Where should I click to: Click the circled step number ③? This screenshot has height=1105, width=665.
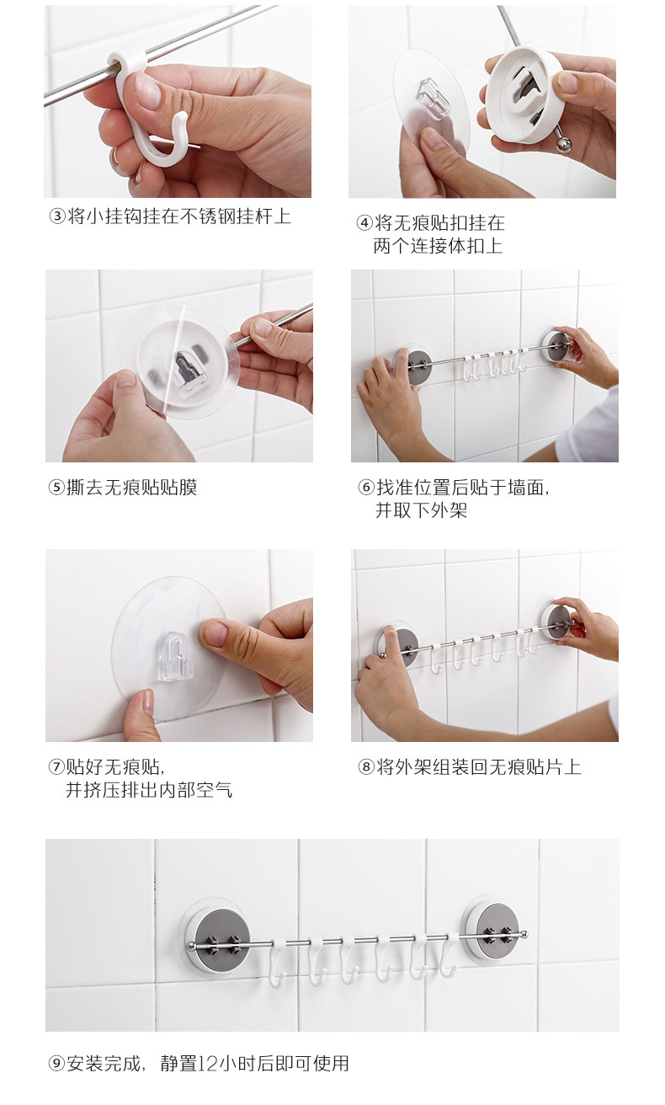(57, 216)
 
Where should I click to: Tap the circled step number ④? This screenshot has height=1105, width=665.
(364, 223)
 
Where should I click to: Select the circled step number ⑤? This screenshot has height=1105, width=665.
(57, 488)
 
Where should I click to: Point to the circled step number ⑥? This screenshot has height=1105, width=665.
(365, 488)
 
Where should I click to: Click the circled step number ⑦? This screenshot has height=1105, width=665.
(56, 766)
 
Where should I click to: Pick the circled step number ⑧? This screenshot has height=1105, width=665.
(365, 766)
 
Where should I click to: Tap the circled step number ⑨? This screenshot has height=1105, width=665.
(56, 1064)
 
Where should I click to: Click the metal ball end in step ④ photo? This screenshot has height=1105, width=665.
(562, 145)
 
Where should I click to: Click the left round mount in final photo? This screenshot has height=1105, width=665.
(215, 936)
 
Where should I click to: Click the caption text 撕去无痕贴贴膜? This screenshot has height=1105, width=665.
(131, 488)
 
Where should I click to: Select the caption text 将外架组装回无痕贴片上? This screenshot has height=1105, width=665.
(478, 766)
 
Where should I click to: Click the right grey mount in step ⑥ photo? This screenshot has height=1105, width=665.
(555, 345)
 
